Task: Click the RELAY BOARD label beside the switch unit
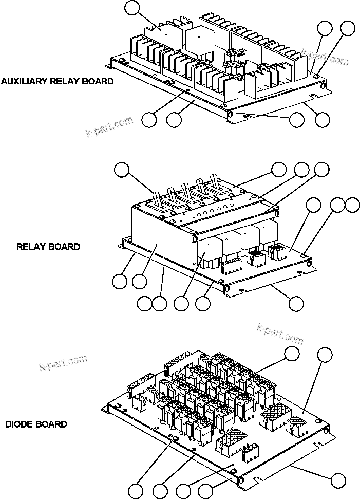point(48,246)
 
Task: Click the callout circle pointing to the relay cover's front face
point(139,281)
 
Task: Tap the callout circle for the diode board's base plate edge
point(338,480)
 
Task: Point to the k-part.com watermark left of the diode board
point(63,362)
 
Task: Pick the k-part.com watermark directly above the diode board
point(280,333)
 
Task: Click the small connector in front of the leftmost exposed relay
point(230,266)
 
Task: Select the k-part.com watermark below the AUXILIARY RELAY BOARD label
point(109,126)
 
